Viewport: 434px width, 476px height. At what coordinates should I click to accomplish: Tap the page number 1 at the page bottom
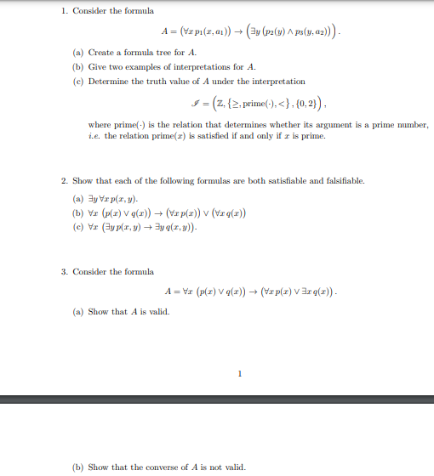coord(240,372)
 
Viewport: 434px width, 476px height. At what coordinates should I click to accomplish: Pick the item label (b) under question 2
coord(77,212)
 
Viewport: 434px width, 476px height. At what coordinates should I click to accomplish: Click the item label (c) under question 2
coord(77,229)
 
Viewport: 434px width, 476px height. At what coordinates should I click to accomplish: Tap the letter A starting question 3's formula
coord(165,292)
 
